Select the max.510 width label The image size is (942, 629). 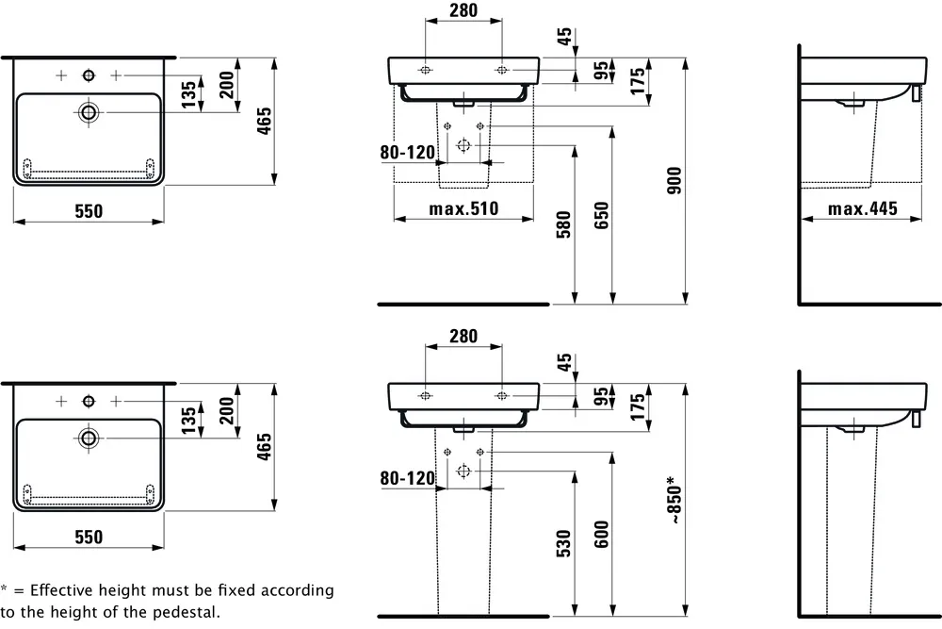pyautogui.click(x=463, y=208)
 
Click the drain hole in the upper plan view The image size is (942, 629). pyautogui.click(x=89, y=112)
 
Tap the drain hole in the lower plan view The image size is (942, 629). pyautogui.click(x=89, y=437)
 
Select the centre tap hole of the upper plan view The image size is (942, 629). pyautogui.click(x=89, y=74)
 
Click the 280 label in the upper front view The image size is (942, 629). pyautogui.click(x=463, y=11)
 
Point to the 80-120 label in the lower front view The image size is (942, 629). pyautogui.click(x=407, y=478)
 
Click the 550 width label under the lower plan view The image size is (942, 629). pyautogui.click(x=89, y=537)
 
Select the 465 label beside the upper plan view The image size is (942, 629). pyautogui.click(x=265, y=120)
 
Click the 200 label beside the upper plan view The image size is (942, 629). pyautogui.click(x=226, y=87)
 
